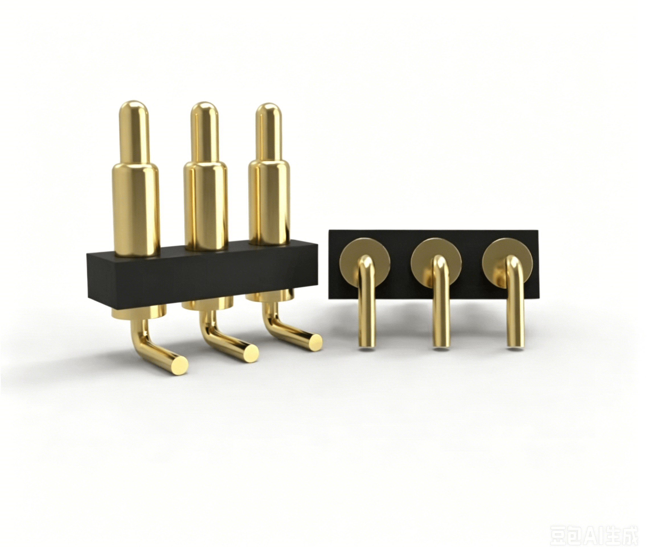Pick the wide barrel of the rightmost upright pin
click(x=269, y=203)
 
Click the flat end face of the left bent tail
click(x=180, y=365)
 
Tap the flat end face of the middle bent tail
click(x=251, y=353)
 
